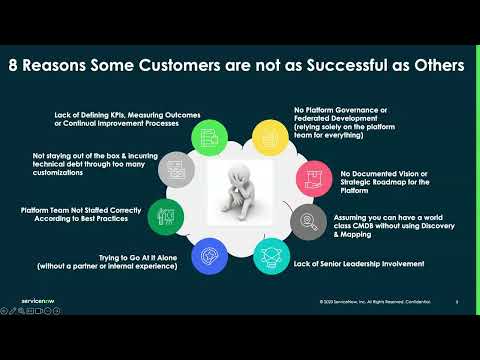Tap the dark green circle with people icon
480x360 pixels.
pos(165,215)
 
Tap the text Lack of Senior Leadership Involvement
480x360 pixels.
pos(359,264)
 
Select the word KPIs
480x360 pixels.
pos(125,115)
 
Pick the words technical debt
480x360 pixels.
pos(63,166)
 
